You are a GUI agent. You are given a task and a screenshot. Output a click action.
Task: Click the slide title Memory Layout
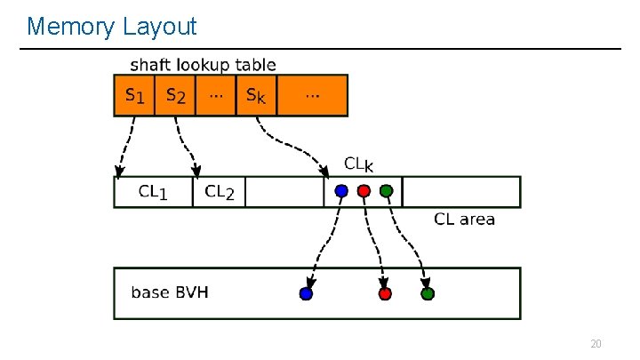112,27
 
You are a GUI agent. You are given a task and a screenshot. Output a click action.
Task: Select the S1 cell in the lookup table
134,96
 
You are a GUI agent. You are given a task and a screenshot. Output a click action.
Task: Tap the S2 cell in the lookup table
176,96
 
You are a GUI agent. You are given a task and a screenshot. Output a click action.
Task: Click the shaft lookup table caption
203,65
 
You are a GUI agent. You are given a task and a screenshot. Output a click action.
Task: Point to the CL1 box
153,192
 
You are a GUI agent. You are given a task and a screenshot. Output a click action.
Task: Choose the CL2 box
219,192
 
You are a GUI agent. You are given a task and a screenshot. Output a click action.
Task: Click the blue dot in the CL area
340,190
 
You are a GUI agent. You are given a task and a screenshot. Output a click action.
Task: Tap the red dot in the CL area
364,190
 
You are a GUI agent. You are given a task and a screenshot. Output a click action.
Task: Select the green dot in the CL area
386,190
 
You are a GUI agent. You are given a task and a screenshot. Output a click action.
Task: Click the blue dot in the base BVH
307,292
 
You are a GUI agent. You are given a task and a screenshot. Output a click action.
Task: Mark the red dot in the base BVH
384,292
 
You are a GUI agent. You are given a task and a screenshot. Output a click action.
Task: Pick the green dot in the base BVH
427,292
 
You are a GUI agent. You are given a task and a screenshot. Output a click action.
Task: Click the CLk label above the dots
358,164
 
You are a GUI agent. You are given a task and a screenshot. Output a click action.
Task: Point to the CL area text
464,219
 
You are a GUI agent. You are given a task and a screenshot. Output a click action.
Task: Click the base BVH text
170,292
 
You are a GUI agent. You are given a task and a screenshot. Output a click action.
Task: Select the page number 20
596,344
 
